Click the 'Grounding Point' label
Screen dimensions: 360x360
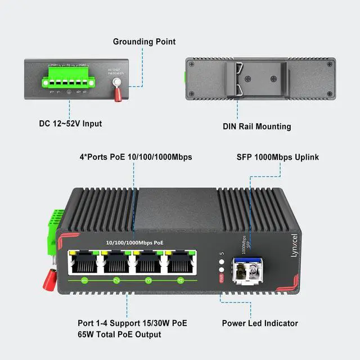(x=144, y=42)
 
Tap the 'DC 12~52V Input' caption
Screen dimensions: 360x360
(x=70, y=123)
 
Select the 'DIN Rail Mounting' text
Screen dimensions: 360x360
(x=256, y=127)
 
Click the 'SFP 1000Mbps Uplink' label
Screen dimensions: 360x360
(x=277, y=157)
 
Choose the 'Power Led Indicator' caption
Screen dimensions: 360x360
(x=260, y=323)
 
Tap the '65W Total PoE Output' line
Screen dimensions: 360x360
(x=119, y=335)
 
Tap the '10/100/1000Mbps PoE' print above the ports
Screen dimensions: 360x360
(x=135, y=242)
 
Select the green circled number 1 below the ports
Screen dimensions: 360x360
(x=84, y=280)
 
